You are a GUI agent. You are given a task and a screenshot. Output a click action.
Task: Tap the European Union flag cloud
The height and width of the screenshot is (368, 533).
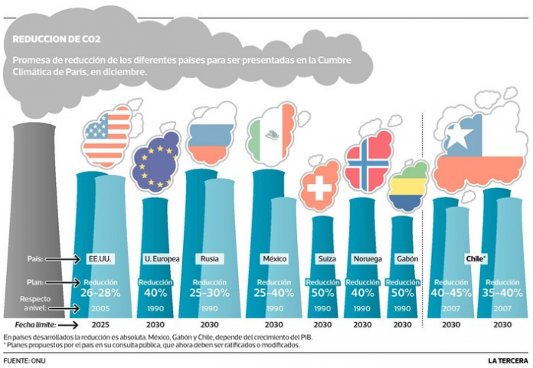coord(156,162)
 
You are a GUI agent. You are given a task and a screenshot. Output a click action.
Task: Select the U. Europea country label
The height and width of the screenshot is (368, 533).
coord(162,258)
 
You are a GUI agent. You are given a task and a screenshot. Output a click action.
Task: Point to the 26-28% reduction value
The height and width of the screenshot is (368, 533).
coord(100,292)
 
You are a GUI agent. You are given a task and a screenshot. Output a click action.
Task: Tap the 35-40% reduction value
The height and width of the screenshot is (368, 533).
coord(502,292)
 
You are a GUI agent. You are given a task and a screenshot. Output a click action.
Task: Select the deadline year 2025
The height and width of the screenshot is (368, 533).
coord(100,325)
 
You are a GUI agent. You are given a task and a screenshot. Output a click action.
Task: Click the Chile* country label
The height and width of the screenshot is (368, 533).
coord(476,258)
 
